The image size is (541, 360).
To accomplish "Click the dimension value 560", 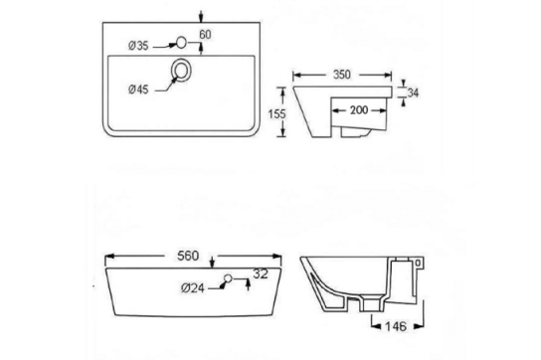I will (x=204, y=255).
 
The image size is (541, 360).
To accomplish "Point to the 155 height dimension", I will (x=279, y=114).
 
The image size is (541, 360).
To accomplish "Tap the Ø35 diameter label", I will (x=138, y=46).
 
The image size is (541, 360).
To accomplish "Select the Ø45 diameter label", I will (x=138, y=89).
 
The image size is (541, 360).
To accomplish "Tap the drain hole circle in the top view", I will (x=183, y=70).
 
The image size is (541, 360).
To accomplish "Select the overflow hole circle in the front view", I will (x=228, y=278).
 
